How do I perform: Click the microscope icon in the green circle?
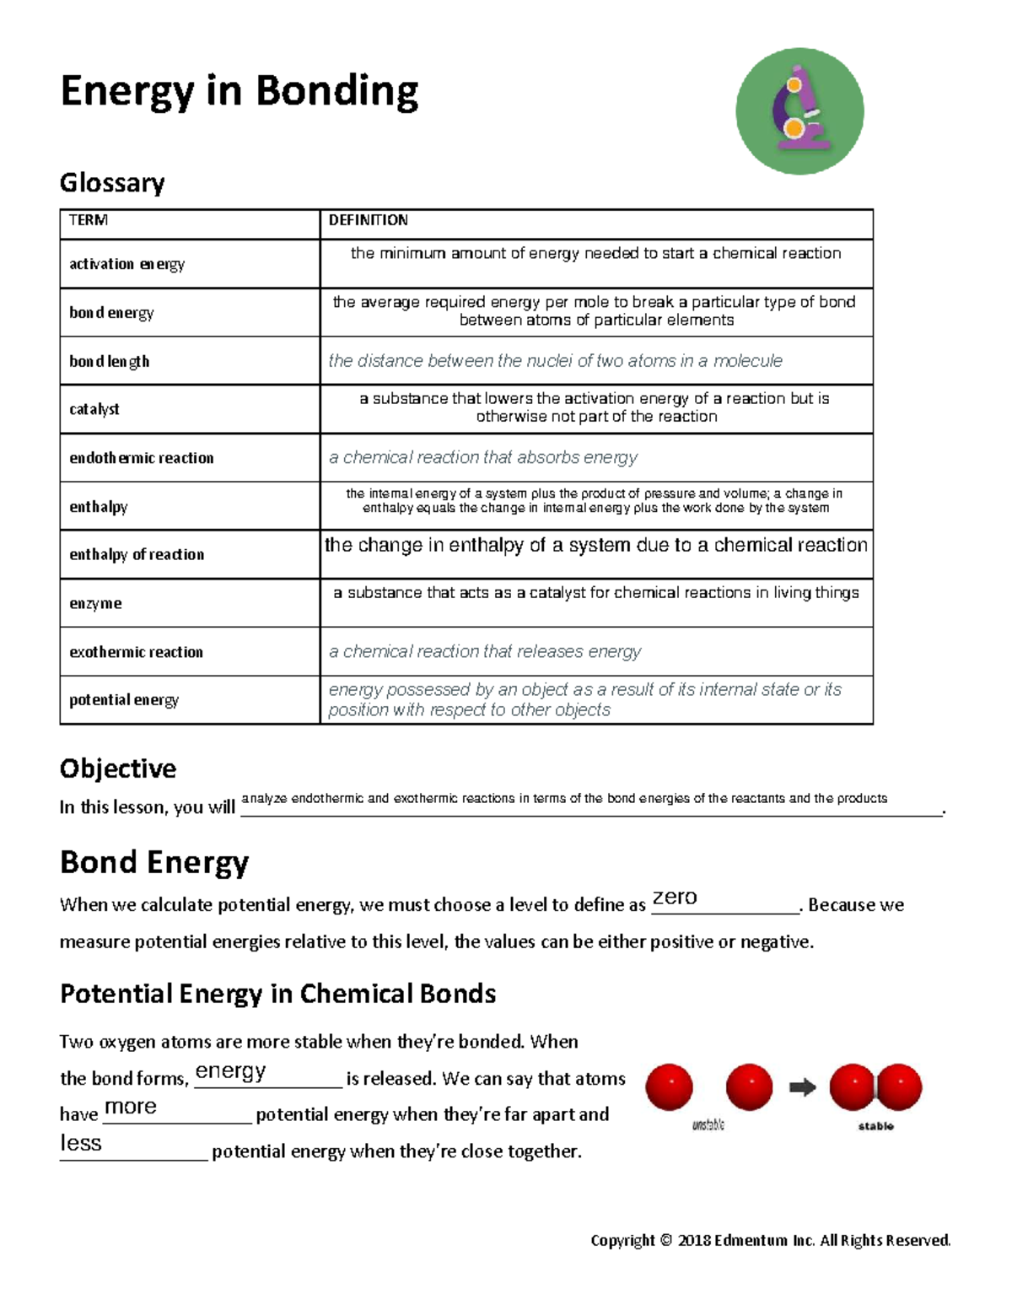click(799, 111)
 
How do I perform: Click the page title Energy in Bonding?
click(240, 91)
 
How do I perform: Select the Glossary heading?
click(112, 182)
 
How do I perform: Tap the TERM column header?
click(88, 220)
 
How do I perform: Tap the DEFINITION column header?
click(368, 220)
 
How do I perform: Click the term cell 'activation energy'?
click(126, 264)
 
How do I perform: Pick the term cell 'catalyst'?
click(94, 409)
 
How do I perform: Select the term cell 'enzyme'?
click(95, 603)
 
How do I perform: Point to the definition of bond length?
click(555, 361)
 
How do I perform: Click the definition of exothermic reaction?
click(485, 651)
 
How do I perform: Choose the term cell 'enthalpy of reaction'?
click(137, 554)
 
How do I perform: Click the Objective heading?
click(118, 768)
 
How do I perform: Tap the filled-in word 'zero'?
click(675, 898)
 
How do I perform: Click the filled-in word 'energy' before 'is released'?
click(230, 1071)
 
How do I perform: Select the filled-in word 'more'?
click(131, 1107)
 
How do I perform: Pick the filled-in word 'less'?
click(81, 1143)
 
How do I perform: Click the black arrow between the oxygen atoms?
click(802, 1087)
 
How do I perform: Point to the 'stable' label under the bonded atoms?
click(875, 1126)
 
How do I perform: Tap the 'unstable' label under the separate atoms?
click(708, 1125)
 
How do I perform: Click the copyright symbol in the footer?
click(665, 1240)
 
